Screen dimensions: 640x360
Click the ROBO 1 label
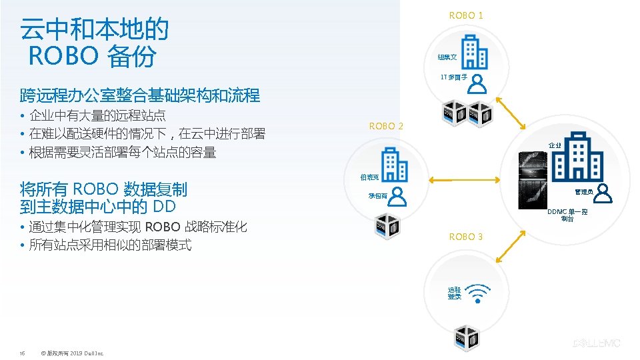pyautogui.click(x=466, y=15)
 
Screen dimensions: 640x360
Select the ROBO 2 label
pyautogui.click(x=386, y=126)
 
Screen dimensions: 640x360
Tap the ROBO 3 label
pyautogui.click(x=466, y=237)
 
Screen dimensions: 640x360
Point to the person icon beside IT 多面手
pyautogui.click(x=477, y=84)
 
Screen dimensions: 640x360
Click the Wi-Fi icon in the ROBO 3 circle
pyautogui.click(x=479, y=292)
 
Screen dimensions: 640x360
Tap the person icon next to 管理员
pyautogui.click(x=603, y=193)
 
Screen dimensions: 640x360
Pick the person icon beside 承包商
pyautogui.click(x=397, y=196)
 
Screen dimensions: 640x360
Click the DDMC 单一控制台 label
pyautogui.click(x=567, y=215)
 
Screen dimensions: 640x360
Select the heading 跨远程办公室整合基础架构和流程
pyautogui.click(x=140, y=95)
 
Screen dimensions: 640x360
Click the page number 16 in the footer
pyautogui.click(x=23, y=353)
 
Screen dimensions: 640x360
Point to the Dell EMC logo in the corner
pyautogui.click(x=597, y=343)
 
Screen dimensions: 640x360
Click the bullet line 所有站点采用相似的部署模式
pyautogui.click(x=111, y=245)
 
